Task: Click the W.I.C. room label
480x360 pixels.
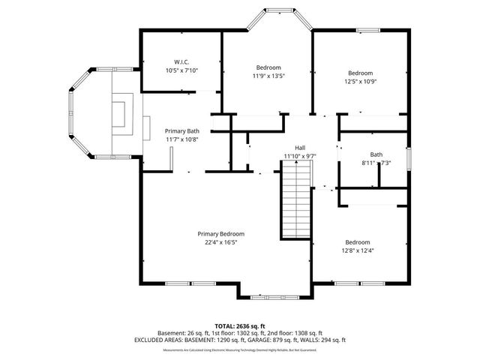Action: [181, 61]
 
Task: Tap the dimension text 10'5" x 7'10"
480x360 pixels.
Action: [181, 70]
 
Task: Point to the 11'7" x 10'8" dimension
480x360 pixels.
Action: [181, 139]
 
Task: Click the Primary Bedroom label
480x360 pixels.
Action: [220, 234]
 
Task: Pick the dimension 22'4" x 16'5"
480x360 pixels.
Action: [220, 242]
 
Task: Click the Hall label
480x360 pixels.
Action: [300, 148]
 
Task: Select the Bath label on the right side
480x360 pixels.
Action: [365, 154]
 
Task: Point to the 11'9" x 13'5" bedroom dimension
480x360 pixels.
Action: [268, 76]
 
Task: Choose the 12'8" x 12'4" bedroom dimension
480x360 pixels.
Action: [357, 250]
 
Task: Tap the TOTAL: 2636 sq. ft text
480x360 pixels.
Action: [239, 325]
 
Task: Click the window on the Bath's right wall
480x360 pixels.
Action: [409, 159]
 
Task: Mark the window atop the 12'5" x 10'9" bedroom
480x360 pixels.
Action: [367, 30]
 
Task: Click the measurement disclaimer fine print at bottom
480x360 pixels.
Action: [239, 349]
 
